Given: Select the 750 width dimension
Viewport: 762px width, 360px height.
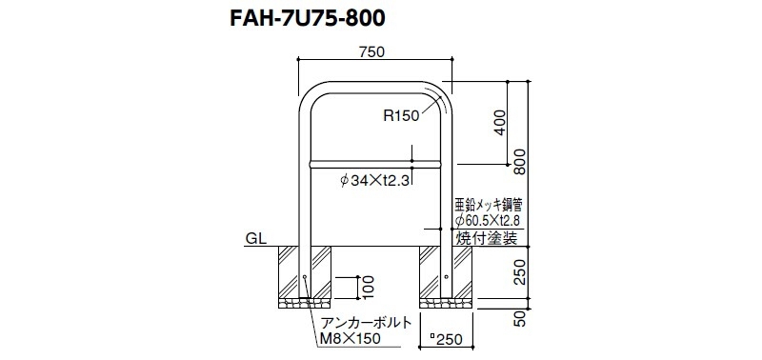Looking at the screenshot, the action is click(x=374, y=52).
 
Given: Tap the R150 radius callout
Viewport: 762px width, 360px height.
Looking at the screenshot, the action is click(x=401, y=115).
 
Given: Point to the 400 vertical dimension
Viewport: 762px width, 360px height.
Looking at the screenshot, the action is click(x=501, y=123).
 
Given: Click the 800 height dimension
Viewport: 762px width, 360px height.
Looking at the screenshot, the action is click(x=520, y=161).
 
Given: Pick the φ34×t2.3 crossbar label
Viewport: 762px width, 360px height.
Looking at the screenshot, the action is click(x=376, y=181).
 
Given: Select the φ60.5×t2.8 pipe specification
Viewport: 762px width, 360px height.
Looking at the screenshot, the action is click(x=490, y=222).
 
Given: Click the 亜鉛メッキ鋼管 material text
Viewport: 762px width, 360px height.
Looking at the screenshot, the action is click(x=489, y=203).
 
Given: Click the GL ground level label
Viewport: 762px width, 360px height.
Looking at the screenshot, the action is click(x=255, y=239).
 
